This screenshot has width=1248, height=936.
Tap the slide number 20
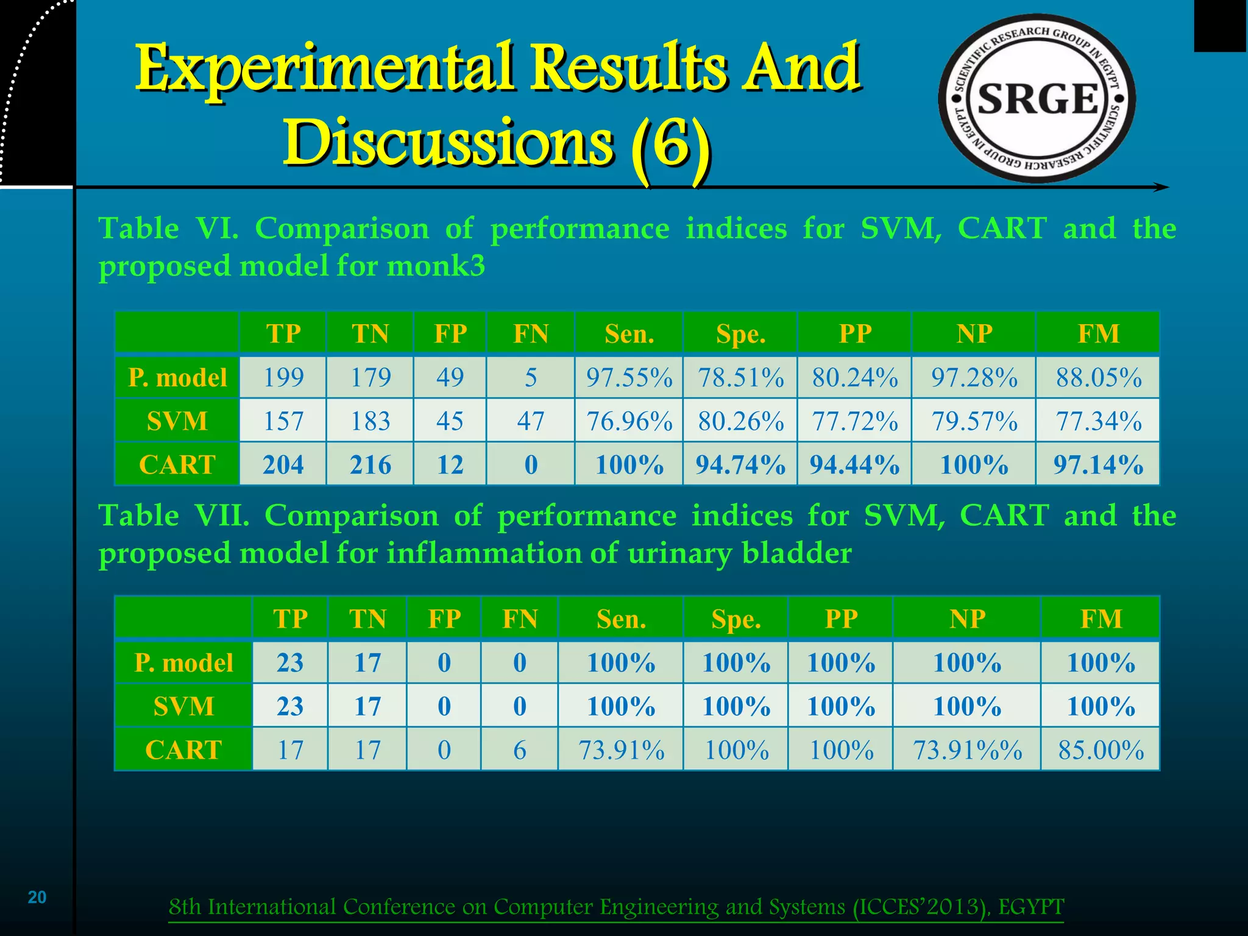[x=37, y=897]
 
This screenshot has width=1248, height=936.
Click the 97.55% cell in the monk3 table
[x=629, y=377]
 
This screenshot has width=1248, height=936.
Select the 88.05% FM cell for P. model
[x=1098, y=377]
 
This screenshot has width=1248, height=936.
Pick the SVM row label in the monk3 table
[x=177, y=421]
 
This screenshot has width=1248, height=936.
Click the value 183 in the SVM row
[x=370, y=421]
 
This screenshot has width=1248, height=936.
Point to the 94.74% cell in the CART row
[x=740, y=464]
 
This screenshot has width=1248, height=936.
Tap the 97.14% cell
[x=1098, y=464]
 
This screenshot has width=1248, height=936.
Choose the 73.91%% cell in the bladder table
[x=966, y=750]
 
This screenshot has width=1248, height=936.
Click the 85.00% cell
[x=1101, y=750]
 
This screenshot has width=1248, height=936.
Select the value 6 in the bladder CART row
[x=519, y=750]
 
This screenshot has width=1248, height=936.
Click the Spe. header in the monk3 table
[x=740, y=334]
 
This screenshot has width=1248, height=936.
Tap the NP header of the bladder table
[x=966, y=619]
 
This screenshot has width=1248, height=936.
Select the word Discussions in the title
[x=448, y=141]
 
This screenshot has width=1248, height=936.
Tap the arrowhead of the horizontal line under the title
[x=1161, y=188]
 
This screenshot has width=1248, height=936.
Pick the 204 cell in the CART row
[x=283, y=464]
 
